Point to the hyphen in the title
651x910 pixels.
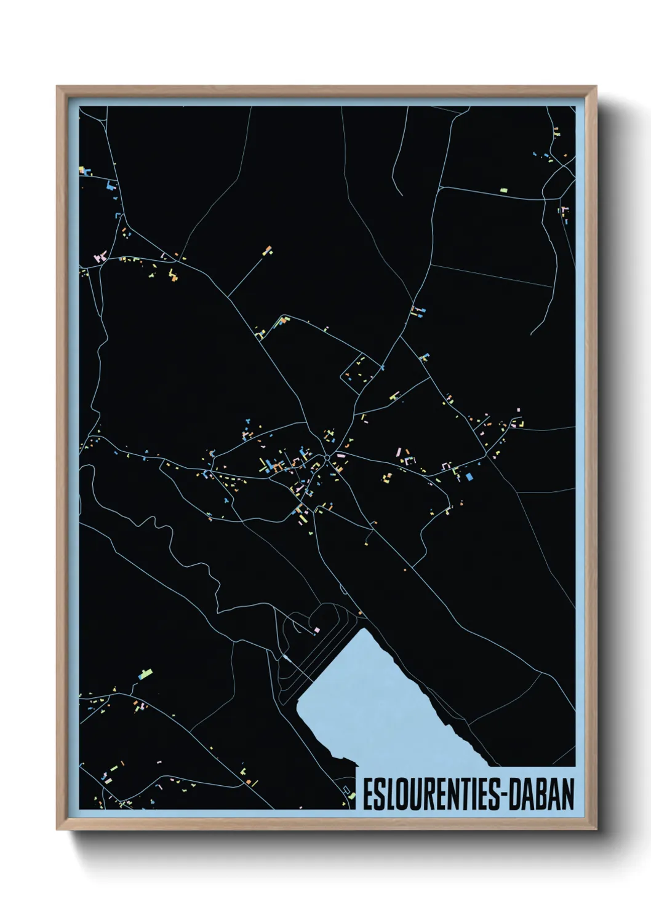point(504,796)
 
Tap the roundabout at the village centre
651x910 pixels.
point(325,458)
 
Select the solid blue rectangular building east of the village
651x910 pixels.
point(469,476)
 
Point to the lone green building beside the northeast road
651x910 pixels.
point(503,191)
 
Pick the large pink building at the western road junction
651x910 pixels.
point(100,256)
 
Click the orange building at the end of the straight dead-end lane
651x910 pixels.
point(268,250)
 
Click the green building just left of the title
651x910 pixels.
point(352,796)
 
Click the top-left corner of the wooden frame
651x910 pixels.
point(57,87)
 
